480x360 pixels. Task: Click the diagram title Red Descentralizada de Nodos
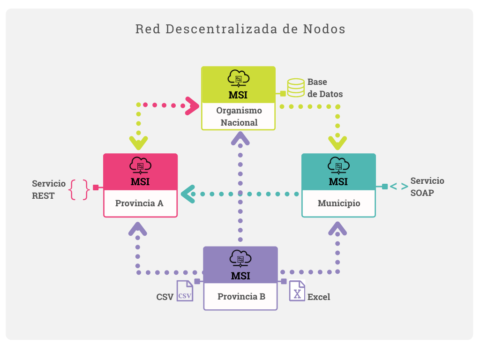(x=240, y=29)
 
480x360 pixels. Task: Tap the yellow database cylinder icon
(x=296, y=87)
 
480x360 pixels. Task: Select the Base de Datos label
(x=325, y=88)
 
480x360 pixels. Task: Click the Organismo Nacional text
(x=239, y=117)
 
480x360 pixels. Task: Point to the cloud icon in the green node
(x=239, y=78)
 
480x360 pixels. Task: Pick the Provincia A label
(x=140, y=203)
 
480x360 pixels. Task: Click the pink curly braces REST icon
(x=79, y=189)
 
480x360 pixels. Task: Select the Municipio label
(x=339, y=203)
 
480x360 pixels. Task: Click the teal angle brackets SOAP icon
(x=399, y=187)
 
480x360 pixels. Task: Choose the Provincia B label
(x=241, y=297)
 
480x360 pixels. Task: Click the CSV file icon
(x=185, y=291)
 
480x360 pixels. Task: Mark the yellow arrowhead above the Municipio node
(x=337, y=142)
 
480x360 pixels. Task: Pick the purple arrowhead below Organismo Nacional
(x=240, y=138)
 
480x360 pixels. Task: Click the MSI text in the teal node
(x=338, y=181)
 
